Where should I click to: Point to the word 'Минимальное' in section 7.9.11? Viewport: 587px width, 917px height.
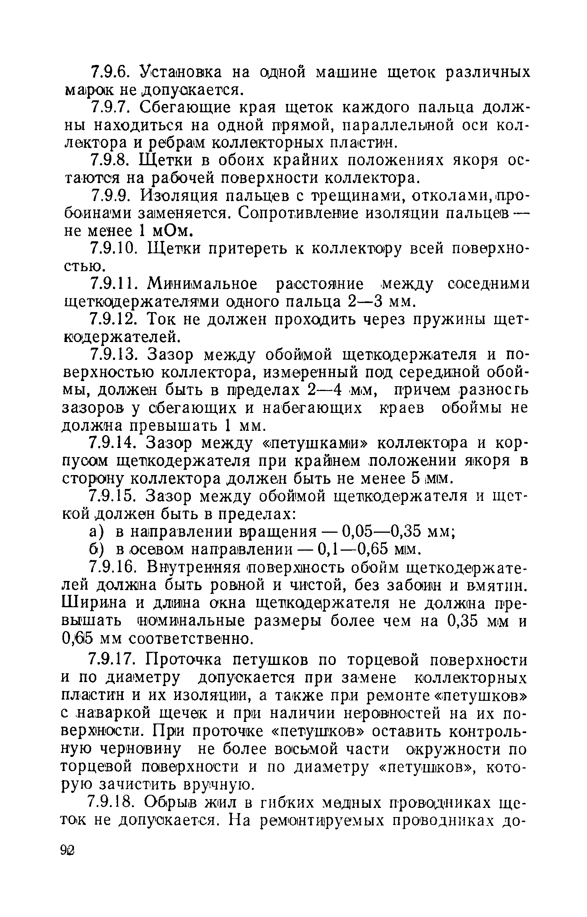point(202,284)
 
